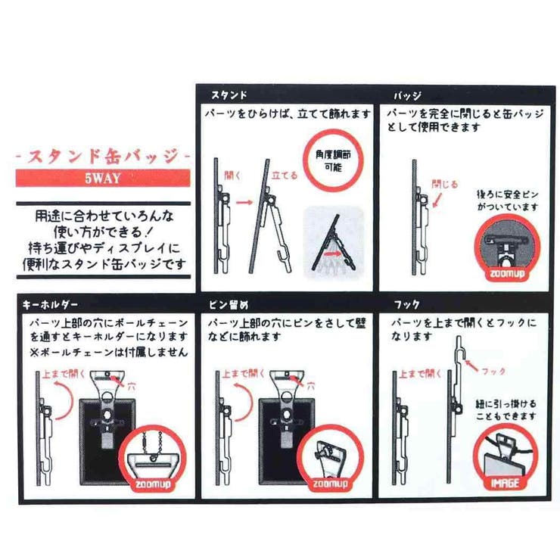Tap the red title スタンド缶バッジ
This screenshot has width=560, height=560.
click(x=104, y=157)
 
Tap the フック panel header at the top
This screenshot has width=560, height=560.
click(x=408, y=305)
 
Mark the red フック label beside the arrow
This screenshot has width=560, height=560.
click(x=494, y=372)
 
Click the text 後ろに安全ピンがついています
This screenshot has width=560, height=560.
click(x=506, y=201)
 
